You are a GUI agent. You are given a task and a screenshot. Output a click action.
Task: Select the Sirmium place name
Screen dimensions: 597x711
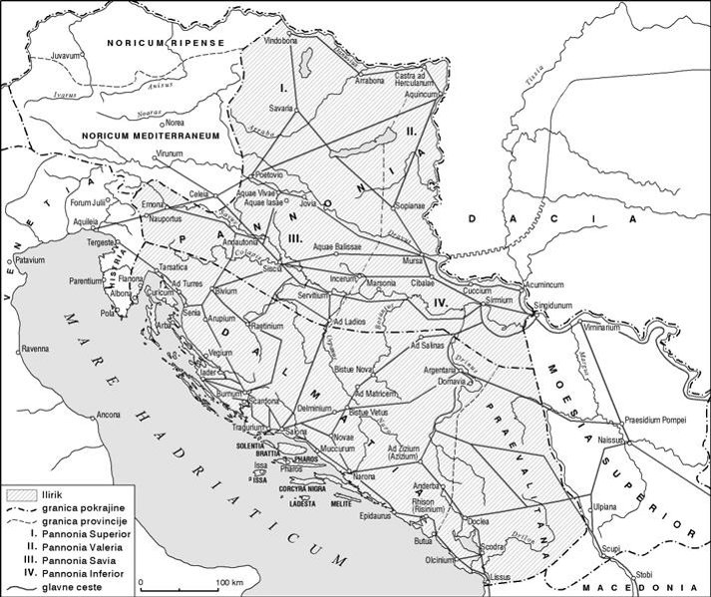(x=498, y=299)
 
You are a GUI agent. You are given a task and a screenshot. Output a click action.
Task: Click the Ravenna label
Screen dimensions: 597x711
(x=39, y=350)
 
